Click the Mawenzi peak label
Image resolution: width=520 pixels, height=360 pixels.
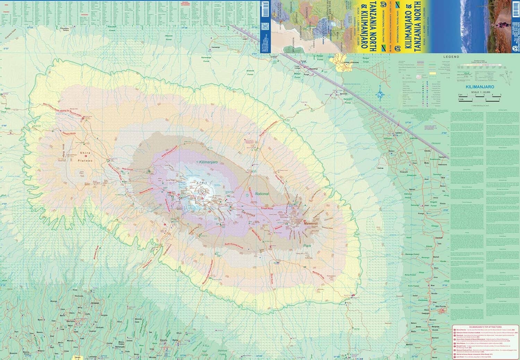point(311,224)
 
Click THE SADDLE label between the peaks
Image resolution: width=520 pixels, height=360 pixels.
point(248,214)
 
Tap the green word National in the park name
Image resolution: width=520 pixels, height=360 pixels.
point(262,194)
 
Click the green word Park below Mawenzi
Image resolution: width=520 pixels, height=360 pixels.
point(307,246)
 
